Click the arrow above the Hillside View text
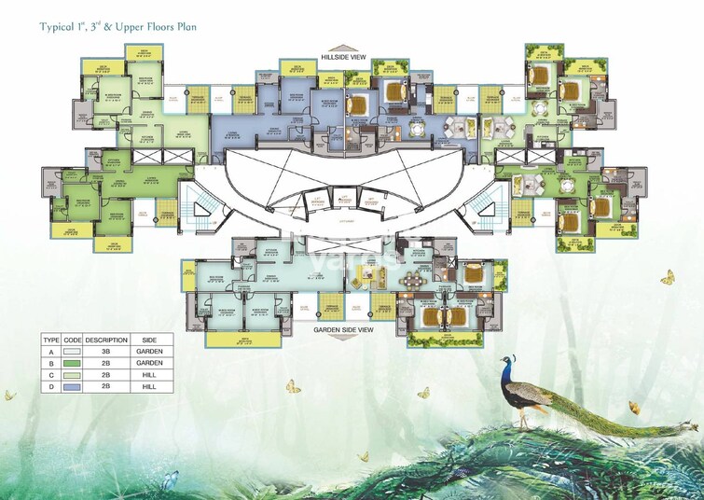click(x=345, y=47)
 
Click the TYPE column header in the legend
click(x=51, y=340)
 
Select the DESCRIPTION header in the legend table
click(x=105, y=340)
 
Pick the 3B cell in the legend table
click(x=105, y=351)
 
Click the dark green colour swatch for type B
click(x=74, y=363)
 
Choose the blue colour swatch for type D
click(x=74, y=385)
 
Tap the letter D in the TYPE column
click(x=51, y=385)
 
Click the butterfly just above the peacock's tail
click(x=634, y=407)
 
